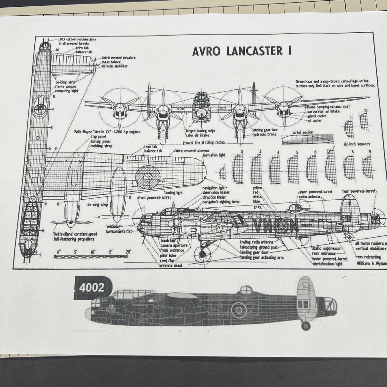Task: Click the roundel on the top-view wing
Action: [147, 176]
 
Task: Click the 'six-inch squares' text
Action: [357, 144]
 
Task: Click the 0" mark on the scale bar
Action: [58, 252]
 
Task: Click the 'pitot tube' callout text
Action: [168, 254]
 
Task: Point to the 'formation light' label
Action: [214, 155]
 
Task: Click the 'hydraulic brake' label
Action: [264, 134]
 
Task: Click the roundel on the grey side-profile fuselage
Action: [239, 310]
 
